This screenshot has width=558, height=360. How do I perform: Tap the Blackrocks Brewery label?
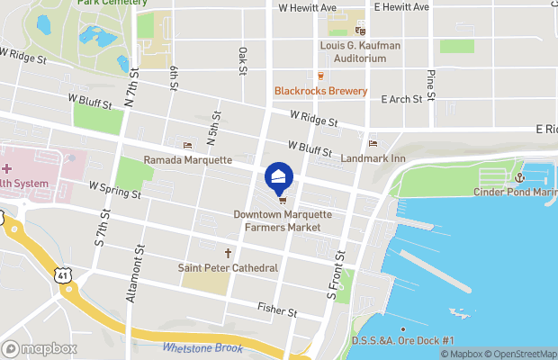point(320,91)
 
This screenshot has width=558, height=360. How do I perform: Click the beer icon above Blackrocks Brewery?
point(320,76)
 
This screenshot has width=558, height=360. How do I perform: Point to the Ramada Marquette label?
point(188,160)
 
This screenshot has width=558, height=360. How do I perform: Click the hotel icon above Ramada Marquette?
point(188,146)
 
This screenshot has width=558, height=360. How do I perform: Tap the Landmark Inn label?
point(373,158)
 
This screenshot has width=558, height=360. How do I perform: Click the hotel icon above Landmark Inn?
point(373,144)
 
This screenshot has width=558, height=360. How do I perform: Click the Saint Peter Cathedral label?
point(228,267)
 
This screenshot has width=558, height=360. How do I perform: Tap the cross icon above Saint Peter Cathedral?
point(228,253)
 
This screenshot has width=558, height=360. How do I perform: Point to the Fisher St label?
point(277,310)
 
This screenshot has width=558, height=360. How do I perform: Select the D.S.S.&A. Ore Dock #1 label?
point(414,339)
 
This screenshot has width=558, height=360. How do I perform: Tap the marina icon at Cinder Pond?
point(519,177)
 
